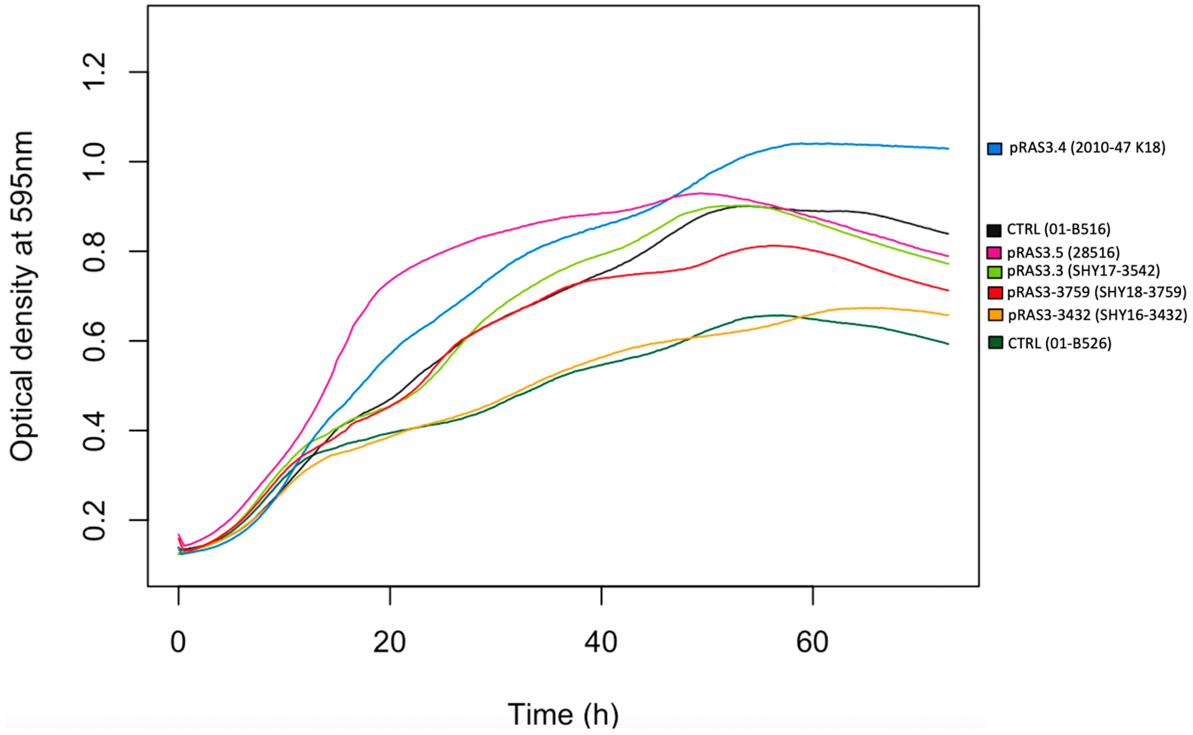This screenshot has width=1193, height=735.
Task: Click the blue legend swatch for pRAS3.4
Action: [994, 149]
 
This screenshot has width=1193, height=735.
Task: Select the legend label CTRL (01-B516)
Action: [1058, 229]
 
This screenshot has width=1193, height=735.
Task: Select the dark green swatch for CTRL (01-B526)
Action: [995, 343]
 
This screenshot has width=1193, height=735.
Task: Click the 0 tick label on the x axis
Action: [178, 642]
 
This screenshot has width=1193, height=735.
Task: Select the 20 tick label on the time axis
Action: [389, 642]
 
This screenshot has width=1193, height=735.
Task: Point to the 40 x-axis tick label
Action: [601, 642]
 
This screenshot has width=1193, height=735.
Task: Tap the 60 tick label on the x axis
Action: [812, 642]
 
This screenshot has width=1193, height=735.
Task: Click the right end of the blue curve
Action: [948, 149]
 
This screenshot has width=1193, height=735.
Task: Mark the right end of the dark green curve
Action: [948, 344]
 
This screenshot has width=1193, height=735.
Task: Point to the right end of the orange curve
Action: [948, 315]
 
